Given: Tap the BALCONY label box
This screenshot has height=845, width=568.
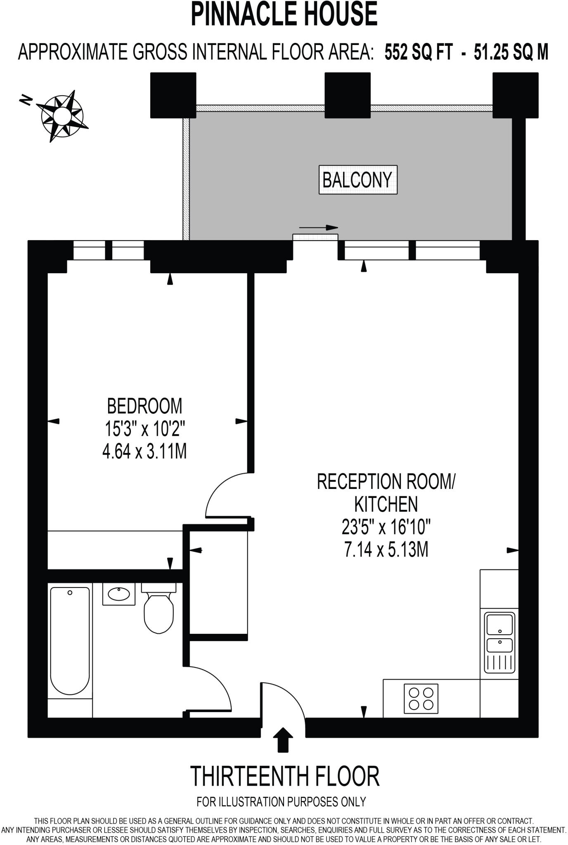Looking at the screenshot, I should pyautogui.click(x=357, y=179).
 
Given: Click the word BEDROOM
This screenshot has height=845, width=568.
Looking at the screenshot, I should pyautogui.click(x=144, y=406).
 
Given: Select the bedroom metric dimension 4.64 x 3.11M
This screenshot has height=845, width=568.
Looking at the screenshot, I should pyautogui.click(x=144, y=451).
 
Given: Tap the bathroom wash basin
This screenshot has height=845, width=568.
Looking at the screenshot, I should pyautogui.click(x=119, y=594).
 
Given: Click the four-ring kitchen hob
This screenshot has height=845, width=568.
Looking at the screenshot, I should pyautogui.click(x=421, y=698).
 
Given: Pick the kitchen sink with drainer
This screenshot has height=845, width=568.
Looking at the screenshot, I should pyautogui.click(x=499, y=642).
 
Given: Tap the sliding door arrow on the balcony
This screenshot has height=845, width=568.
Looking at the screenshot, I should pyautogui.click(x=318, y=228).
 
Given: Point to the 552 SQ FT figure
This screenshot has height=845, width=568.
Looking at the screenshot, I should pyautogui.click(x=418, y=52).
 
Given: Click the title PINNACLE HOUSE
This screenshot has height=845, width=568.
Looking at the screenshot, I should pyautogui.click(x=284, y=14).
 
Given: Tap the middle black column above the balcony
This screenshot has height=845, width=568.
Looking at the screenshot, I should pyautogui.click(x=347, y=95).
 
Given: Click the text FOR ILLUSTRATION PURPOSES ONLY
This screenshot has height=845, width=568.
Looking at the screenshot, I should pyautogui.click(x=281, y=802).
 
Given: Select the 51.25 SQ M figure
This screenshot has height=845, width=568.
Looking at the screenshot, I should pyautogui.click(x=511, y=52).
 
